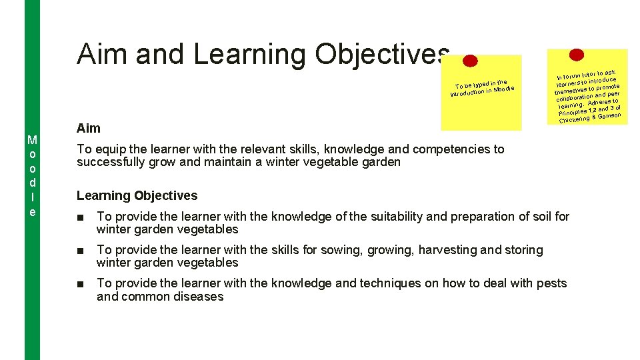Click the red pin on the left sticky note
coord(470,61)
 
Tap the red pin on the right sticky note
coord(577,55)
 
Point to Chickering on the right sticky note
coord(574,120)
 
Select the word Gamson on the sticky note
coord(609,116)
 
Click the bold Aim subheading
coord(89,129)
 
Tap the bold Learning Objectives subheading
coord(137,195)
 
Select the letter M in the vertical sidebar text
coord(31,140)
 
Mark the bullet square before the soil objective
coord(80,217)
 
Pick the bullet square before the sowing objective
coord(80,250)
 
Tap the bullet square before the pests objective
coord(80,283)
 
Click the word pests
coord(551,283)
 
